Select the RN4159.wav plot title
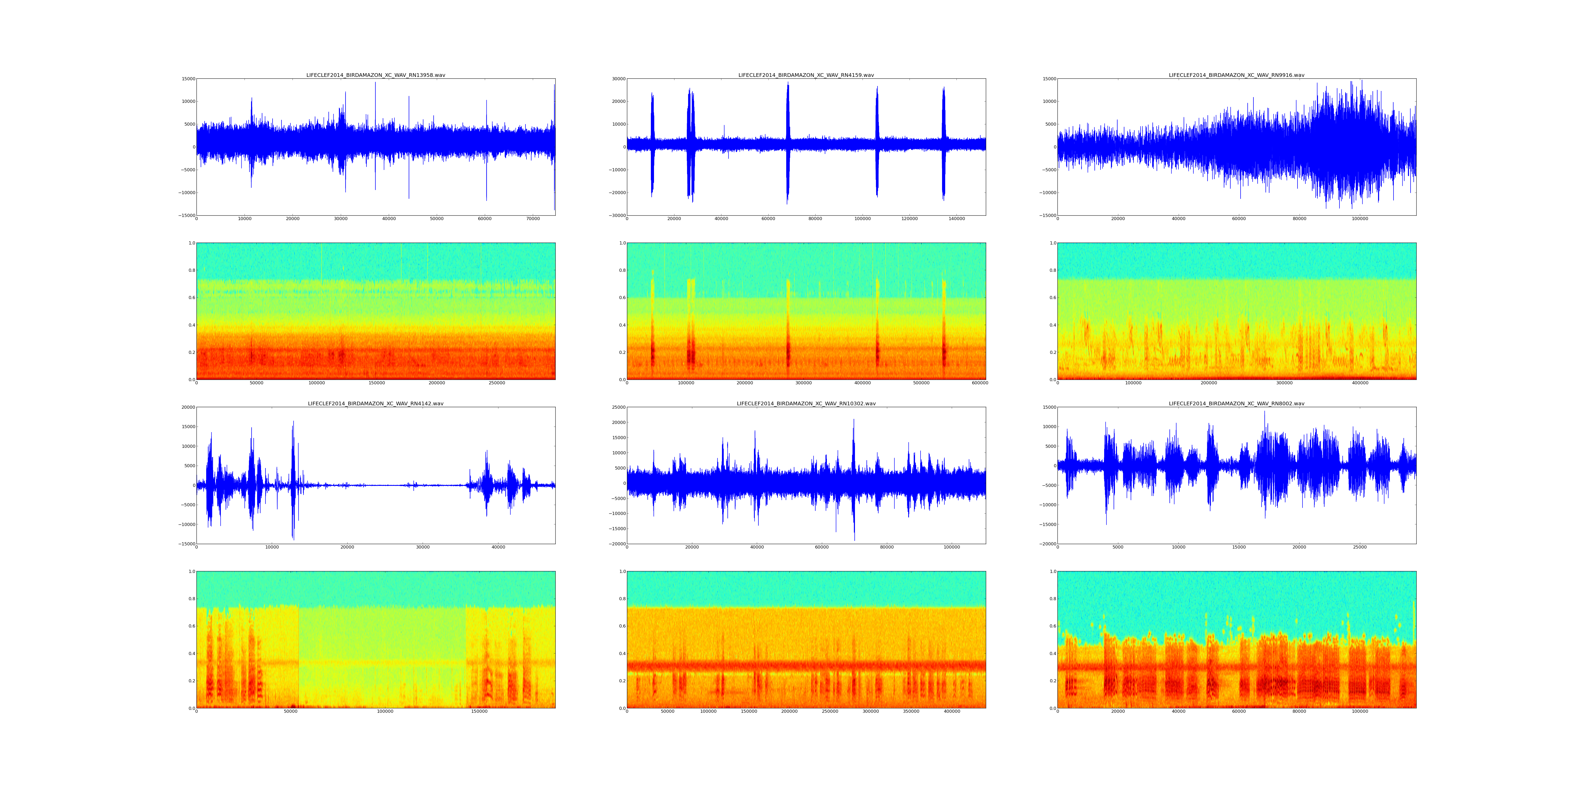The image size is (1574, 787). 806,75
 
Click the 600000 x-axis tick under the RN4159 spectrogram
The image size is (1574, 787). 980,383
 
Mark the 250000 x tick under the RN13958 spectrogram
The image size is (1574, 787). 497,383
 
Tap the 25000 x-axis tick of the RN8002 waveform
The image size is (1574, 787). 1359,547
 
